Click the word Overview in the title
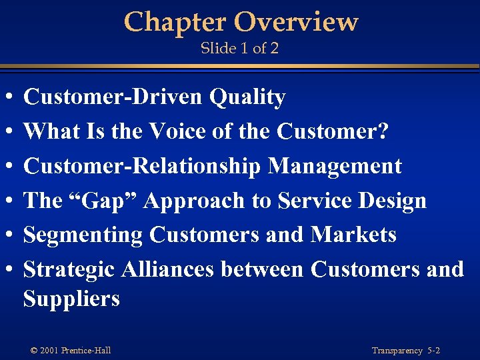point(296,22)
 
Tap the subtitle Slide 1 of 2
point(239,49)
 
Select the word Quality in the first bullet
point(247,98)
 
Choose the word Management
point(335,166)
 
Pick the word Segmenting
point(83,235)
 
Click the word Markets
point(353,235)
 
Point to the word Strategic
point(69,269)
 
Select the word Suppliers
point(71,299)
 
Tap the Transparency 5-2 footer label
point(406,351)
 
